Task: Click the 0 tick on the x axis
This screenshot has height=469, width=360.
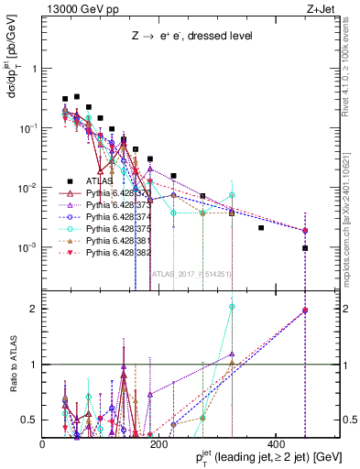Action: (43, 443)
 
